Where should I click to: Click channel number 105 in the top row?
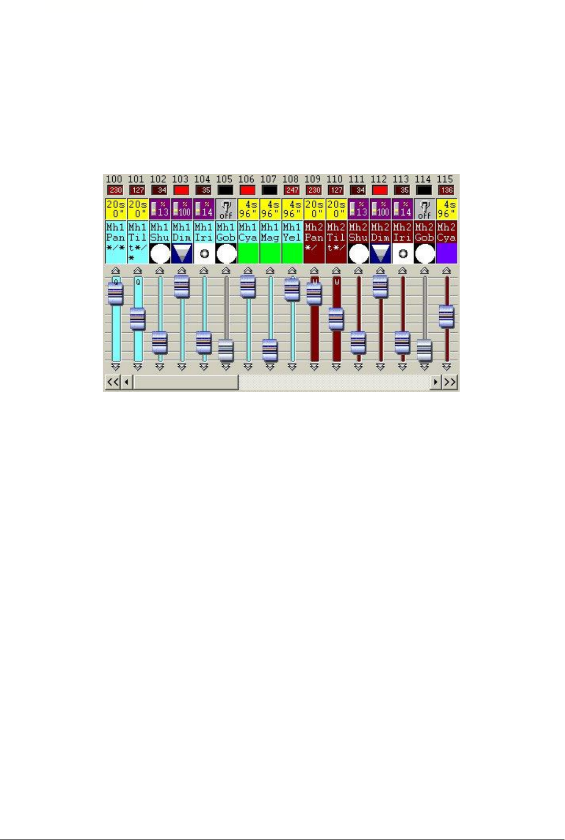coord(224,179)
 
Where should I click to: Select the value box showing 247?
coord(291,190)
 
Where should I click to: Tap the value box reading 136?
coord(446,190)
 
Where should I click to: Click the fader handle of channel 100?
coord(115,293)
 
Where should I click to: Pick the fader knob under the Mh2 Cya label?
coord(446,316)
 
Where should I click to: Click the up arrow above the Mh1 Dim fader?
coord(181,270)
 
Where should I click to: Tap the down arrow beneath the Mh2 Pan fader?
coord(314,367)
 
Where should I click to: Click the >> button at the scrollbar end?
coord(450,383)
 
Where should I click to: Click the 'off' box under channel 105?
coord(225,209)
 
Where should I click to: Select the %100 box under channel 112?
coord(380,209)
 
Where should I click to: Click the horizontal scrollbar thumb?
coord(186,383)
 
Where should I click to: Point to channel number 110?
coord(334,179)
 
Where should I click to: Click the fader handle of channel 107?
coord(269,350)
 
